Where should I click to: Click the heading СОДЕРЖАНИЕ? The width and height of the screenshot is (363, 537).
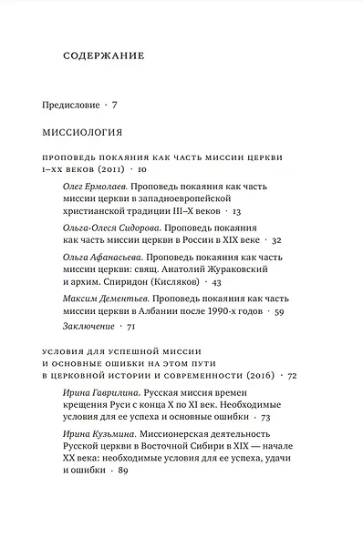point(105,56)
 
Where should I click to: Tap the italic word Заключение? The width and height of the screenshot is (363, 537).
point(89,326)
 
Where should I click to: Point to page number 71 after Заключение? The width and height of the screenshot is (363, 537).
point(131,326)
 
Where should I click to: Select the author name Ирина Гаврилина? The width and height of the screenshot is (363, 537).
point(102,391)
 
